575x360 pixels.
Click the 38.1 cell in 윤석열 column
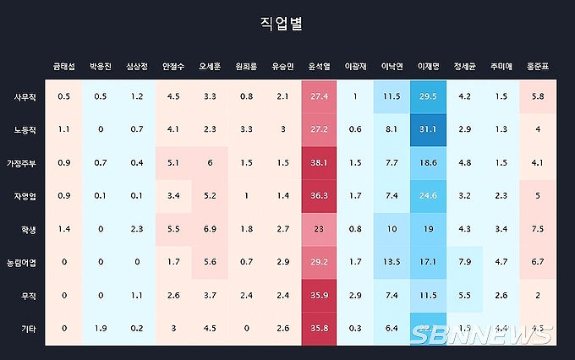pyautogui.click(x=319, y=162)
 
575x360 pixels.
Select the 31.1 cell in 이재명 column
pyautogui.click(x=429, y=129)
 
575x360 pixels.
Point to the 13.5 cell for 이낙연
pyautogui.click(x=392, y=261)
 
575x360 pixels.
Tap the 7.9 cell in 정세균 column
pyautogui.click(x=465, y=261)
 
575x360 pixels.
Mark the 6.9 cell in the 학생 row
pyautogui.click(x=210, y=228)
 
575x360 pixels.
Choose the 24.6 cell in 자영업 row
pyautogui.click(x=429, y=195)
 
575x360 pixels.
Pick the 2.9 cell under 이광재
pyautogui.click(x=355, y=294)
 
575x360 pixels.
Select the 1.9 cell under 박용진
pyautogui.click(x=100, y=327)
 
